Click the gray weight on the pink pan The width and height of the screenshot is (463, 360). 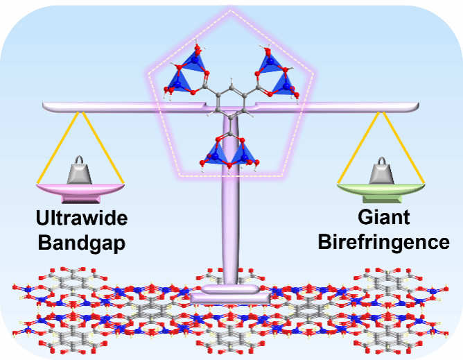80,171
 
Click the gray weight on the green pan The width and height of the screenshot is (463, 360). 381,171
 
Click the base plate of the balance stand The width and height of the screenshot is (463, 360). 230,297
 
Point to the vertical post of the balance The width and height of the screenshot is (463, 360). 231,222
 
